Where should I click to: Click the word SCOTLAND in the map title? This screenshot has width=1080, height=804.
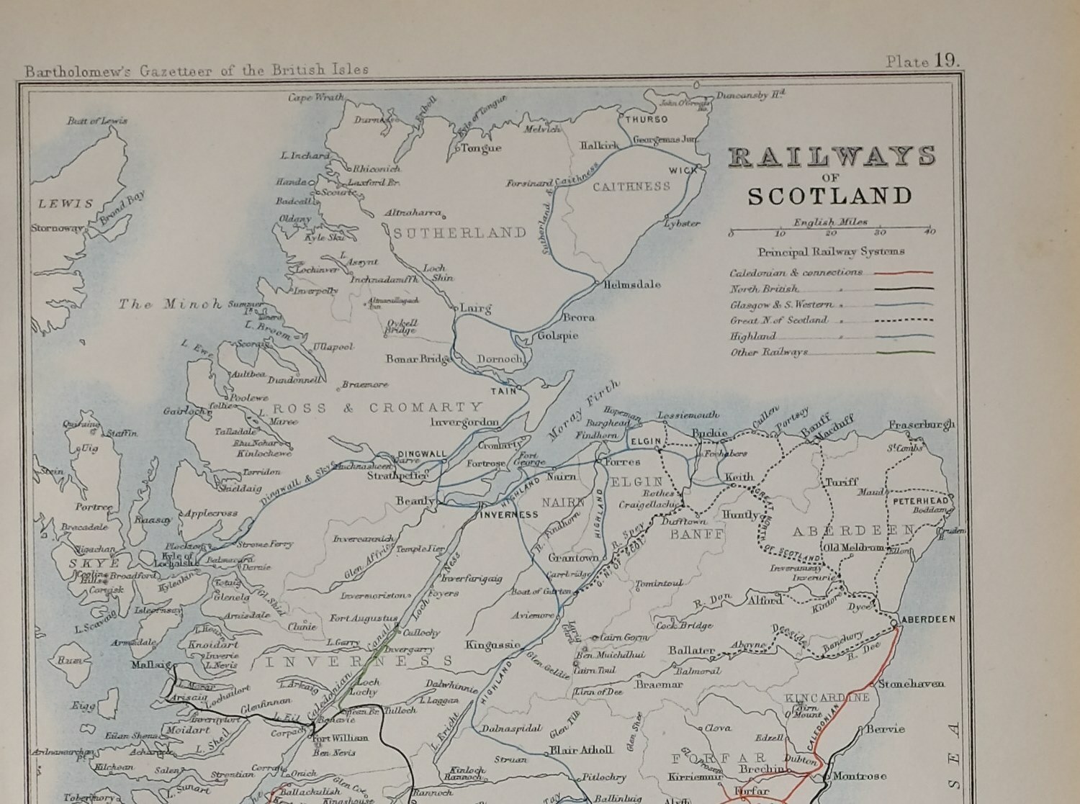(829, 196)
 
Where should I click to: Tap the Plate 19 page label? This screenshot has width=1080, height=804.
(922, 61)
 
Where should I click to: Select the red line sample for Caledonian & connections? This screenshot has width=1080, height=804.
(904, 273)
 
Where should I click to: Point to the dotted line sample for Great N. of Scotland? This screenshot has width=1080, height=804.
(904, 320)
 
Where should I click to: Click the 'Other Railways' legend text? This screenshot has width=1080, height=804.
(769, 352)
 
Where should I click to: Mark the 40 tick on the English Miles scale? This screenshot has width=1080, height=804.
(930, 232)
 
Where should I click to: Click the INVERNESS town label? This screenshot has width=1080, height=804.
(509, 515)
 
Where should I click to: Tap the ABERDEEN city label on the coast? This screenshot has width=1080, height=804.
(929, 619)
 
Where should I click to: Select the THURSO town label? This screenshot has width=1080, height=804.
(646, 119)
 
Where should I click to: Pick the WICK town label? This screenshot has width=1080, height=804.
(683, 171)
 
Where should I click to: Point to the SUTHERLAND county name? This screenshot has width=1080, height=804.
(460, 232)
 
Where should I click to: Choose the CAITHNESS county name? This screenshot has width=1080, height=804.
(631, 186)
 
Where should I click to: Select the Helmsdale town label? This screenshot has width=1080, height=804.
(633, 284)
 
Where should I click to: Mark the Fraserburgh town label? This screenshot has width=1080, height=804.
(921, 425)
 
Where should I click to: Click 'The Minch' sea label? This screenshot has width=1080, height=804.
(171, 304)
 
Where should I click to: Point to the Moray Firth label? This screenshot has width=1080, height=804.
(583, 410)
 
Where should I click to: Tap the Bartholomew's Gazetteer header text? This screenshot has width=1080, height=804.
(197, 70)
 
